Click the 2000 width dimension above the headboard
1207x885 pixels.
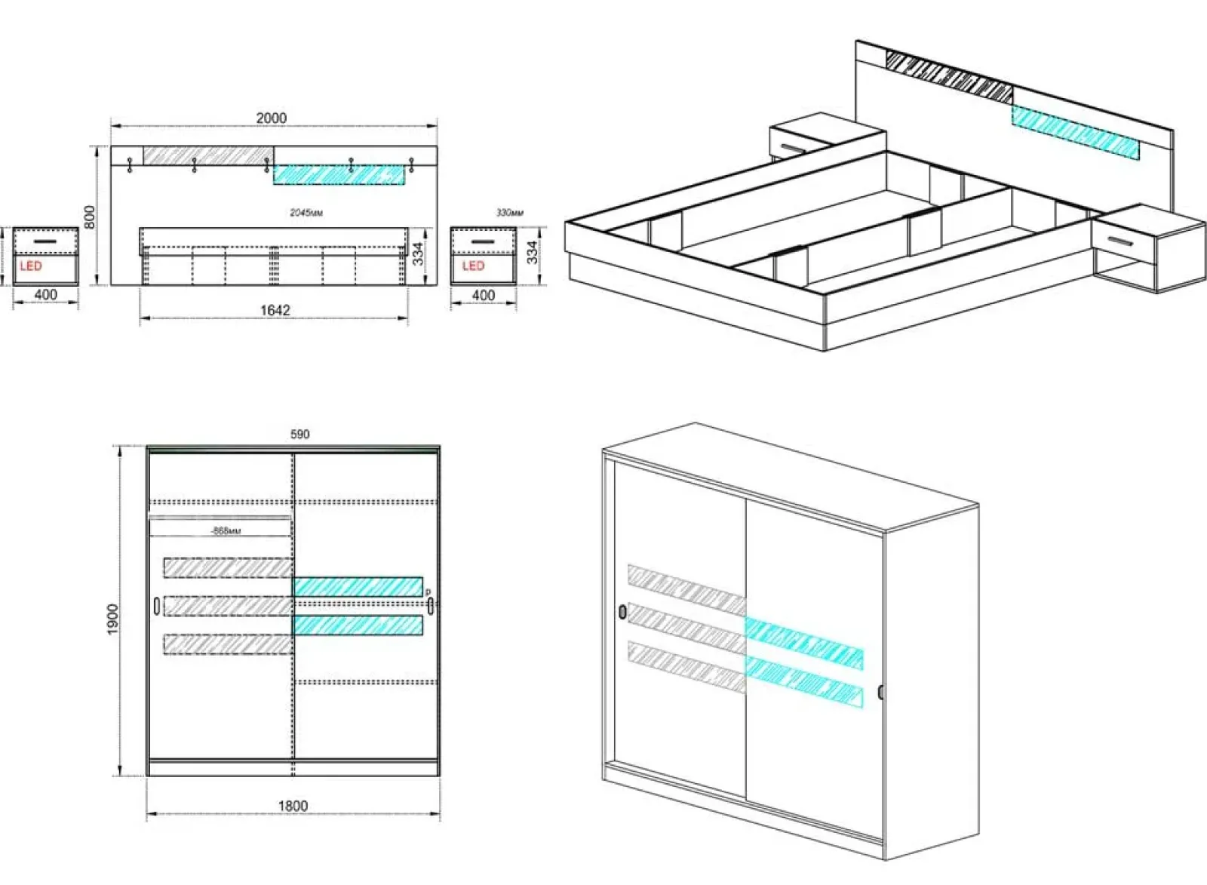271,118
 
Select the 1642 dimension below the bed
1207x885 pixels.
275,310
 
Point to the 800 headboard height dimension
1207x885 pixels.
90,217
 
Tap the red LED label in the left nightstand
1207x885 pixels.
31,266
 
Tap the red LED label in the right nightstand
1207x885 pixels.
473,266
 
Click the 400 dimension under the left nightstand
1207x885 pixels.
46,295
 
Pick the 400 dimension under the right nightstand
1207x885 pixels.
484,295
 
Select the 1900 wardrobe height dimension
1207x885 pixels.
113,619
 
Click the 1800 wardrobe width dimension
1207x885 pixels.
293,806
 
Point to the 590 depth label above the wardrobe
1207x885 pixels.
299,434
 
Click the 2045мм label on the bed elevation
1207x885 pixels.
306,213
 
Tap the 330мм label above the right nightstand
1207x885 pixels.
510,213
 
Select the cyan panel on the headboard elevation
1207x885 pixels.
339,175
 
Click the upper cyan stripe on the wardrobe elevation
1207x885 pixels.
358,587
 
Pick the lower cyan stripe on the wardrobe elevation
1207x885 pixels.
358,625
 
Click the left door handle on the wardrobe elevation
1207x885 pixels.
156,606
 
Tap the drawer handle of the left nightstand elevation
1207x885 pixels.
45,241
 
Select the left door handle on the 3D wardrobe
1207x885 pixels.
622,611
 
